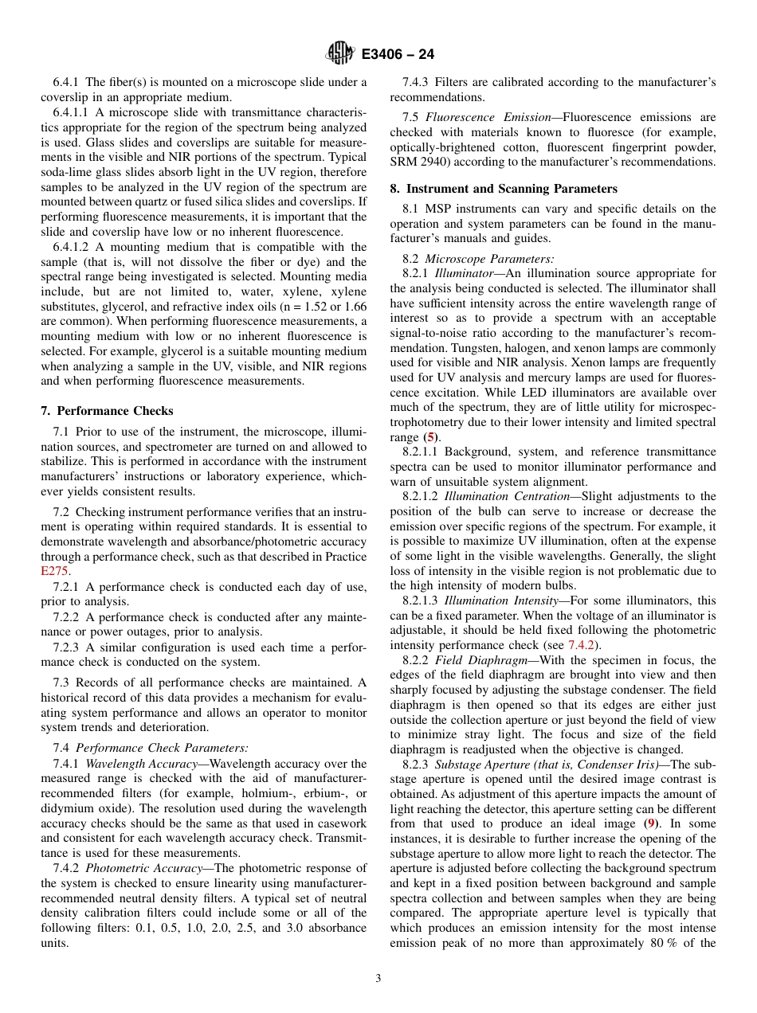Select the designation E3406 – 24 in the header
coord(398,55)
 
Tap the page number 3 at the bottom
coord(378,979)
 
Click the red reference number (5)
coord(430,437)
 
